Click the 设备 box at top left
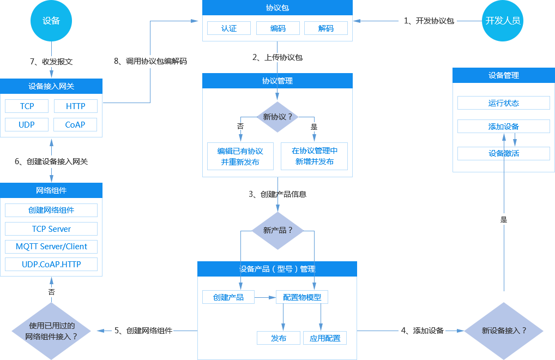(x=51, y=21)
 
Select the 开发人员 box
(x=503, y=21)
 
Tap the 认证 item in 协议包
(x=229, y=28)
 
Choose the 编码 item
(x=278, y=28)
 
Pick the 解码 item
(x=326, y=28)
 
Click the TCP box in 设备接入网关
(x=27, y=106)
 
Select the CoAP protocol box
(x=75, y=124)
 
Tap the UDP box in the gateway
(x=27, y=124)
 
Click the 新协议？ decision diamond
(x=278, y=117)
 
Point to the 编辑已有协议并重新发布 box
(x=240, y=157)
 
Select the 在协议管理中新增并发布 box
(x=314, y=157)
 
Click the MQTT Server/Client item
(x=51, y=247)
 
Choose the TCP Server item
(x=51, y=229)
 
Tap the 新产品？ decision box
(x=278, y=230)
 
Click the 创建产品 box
(x=228, y=297)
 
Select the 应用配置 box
(x=325, y=338)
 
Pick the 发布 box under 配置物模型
(x=279, y=338)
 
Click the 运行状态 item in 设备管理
(x=504, y=103)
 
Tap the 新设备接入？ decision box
(x=504, y=331)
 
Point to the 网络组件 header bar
(x=51, y=190)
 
